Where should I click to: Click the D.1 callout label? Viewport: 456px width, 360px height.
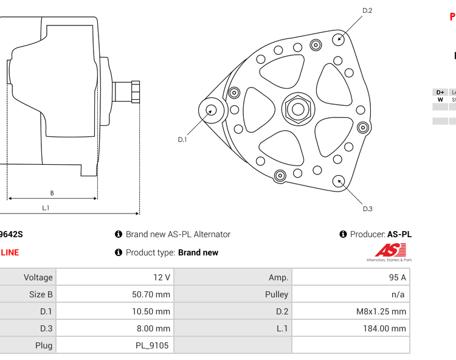point(182,139)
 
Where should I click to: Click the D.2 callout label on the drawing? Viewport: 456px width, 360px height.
point(367,10)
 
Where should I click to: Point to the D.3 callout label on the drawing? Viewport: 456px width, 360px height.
point(367,209)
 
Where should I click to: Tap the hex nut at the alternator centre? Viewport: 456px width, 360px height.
point(298,109)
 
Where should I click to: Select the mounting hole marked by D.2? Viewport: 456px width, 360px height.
point(339,39)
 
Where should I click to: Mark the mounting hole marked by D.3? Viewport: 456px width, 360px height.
point(339,180)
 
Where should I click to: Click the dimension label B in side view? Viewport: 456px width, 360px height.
point(52,193)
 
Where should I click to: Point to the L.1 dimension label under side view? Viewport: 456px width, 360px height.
point(46,208)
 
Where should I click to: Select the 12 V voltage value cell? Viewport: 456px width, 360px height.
point(162,277)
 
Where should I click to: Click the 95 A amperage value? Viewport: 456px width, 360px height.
point(397,277)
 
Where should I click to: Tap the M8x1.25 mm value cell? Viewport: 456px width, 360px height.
point(381,311)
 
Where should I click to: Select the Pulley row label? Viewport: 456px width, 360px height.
point(277,294)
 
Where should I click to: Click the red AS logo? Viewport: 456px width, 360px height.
point(389,250)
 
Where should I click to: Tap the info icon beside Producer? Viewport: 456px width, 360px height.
point(343,234)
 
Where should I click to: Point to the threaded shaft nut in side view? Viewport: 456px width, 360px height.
point(135,92)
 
